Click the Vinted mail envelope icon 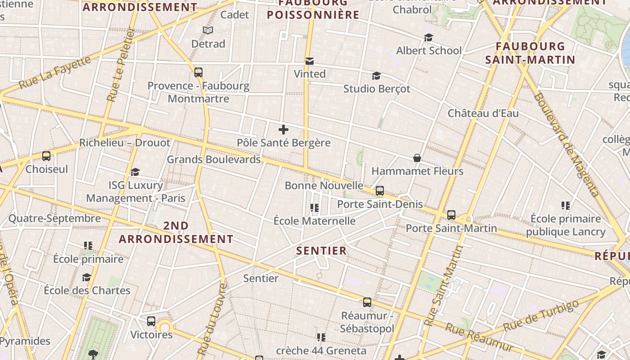tap(310, 61)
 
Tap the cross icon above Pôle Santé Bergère tap(283, 130)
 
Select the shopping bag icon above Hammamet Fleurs tap(417, 158)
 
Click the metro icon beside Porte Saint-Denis tap(380, 191)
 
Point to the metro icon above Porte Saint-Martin tap(451, 215)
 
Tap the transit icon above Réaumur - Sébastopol tap(367, 302)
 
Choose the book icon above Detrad tap(207, 30)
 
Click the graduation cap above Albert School tap(428, 37)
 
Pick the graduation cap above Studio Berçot tap(376, 76)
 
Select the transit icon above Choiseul tap(46, 156)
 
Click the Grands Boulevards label tap(214, 159)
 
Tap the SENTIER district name tap(322, 251)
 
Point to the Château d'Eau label tap(483, 113)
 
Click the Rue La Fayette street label tap(55, 72)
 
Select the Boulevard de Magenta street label tap(566, 145)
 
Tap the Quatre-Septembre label tap(54, 219)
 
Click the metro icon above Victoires tap(151, 321)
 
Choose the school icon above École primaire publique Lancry tap(566, 206)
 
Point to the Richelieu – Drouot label tap(125, 143)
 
